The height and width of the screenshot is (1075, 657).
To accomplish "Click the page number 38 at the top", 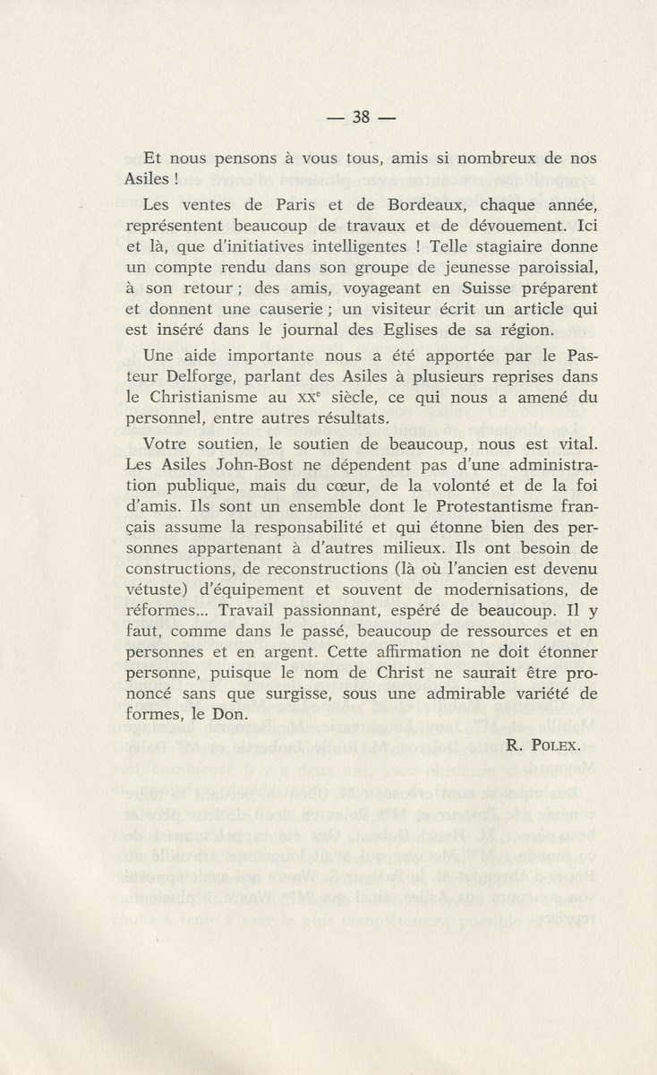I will [362, 116].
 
